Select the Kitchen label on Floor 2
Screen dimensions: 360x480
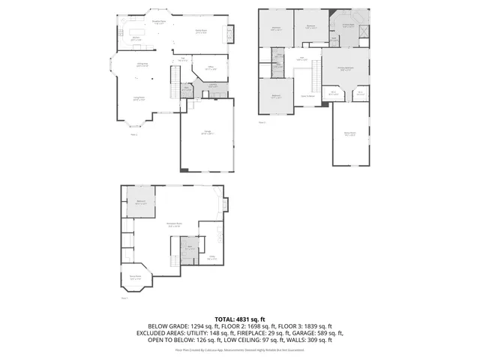[137, 37]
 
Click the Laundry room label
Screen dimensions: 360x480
[213, 85]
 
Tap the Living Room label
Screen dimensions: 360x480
[139, 98]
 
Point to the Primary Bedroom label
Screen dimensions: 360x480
[345, 67]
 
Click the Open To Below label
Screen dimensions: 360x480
[307, 96]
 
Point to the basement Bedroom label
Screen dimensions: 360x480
[140, 202]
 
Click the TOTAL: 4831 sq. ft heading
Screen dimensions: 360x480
[240, 319]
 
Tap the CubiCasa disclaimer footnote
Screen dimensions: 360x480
[240, 349]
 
